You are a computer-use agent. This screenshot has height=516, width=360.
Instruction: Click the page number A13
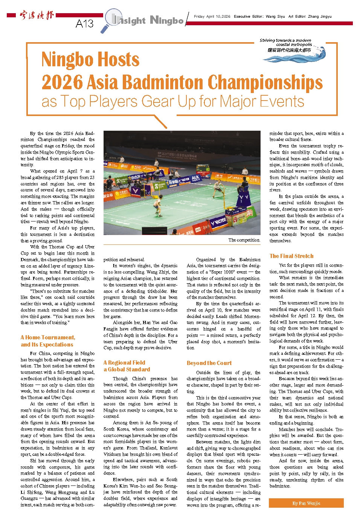84,24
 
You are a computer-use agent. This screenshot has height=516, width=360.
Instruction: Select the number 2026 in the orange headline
62,82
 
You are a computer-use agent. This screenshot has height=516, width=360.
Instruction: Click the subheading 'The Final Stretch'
291,256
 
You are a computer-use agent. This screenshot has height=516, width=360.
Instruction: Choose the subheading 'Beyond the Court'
209,363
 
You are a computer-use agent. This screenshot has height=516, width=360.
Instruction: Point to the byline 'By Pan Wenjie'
306,503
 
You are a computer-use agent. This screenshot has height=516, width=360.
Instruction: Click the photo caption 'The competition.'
244,240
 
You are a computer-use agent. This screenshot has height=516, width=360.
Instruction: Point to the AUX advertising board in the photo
196,177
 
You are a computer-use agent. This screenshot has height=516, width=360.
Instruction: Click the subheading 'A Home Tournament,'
48,337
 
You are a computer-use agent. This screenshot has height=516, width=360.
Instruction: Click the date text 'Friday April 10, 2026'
212,17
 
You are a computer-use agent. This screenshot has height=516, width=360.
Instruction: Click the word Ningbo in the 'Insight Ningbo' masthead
167,20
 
